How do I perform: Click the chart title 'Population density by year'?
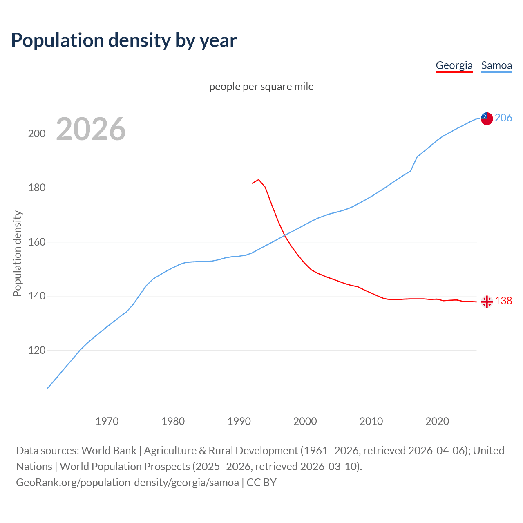[124, 40]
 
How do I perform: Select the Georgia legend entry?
[454, 65]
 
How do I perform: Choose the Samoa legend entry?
[496, 65]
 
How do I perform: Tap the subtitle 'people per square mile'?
[261, 87]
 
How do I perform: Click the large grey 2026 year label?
[91, 129]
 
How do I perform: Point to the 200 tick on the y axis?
[36, 134]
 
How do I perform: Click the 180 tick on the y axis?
[36, 188]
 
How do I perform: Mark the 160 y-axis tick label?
[36, 242]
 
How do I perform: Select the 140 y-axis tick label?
[36, 296]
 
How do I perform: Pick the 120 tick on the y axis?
[36, 351]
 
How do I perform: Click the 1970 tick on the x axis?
[107, 421]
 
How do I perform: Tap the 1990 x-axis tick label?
[239, 421]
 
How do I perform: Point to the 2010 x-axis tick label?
[371, 421]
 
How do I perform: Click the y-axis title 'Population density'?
[17, 253]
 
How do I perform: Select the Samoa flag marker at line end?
[487, 118]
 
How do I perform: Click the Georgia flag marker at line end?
[487, 302]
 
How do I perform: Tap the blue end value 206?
[503, 118]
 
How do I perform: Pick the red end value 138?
[503, 301]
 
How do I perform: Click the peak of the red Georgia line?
[259, 179]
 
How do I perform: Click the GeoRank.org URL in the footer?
[127, 483]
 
